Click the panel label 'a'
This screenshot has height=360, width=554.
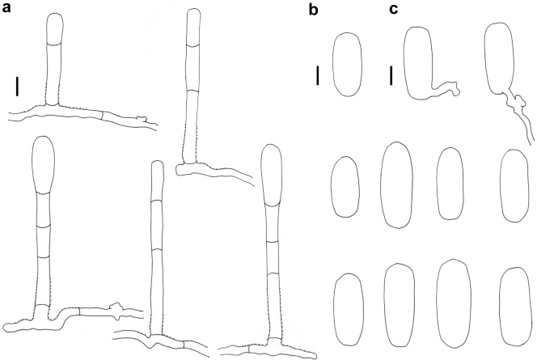point(8,11)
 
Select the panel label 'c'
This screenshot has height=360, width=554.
point(393,10)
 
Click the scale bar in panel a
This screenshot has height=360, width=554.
point(16,84)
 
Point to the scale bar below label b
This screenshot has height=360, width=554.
point(318,76)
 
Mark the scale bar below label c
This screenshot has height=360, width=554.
point(391,76)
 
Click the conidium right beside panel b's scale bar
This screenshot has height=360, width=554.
point(349,65)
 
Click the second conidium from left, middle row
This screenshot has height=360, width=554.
point(395,184)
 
